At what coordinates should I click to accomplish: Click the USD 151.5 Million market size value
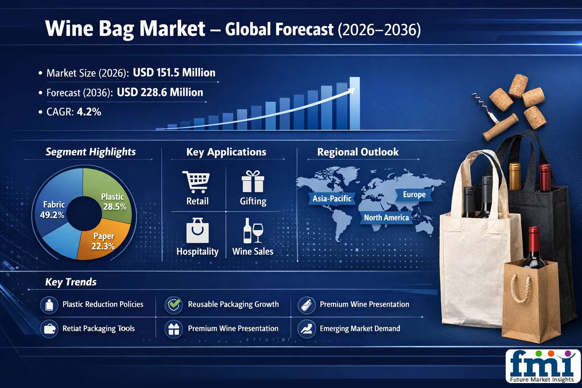coord(174,72)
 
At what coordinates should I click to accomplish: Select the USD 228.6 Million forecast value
coord(160,92)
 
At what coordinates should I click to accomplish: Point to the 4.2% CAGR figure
coord(89,112)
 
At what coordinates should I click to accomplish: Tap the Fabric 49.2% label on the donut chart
coord(53,210)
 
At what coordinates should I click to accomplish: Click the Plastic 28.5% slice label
coord(114,202)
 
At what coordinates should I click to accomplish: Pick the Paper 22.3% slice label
coord(103,241)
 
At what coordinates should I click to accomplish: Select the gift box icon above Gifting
coord(253,181)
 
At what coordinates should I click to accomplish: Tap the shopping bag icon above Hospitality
coord(197,230)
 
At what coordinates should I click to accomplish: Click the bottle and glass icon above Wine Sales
coord(253,230)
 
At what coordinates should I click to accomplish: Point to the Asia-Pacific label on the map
coord(332,199)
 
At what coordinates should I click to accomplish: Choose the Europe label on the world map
coord(414,195)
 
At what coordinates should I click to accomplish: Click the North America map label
coord(386,217)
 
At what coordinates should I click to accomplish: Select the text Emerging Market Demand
coord(360,329)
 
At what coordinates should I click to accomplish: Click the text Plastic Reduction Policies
coord(103,304)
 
